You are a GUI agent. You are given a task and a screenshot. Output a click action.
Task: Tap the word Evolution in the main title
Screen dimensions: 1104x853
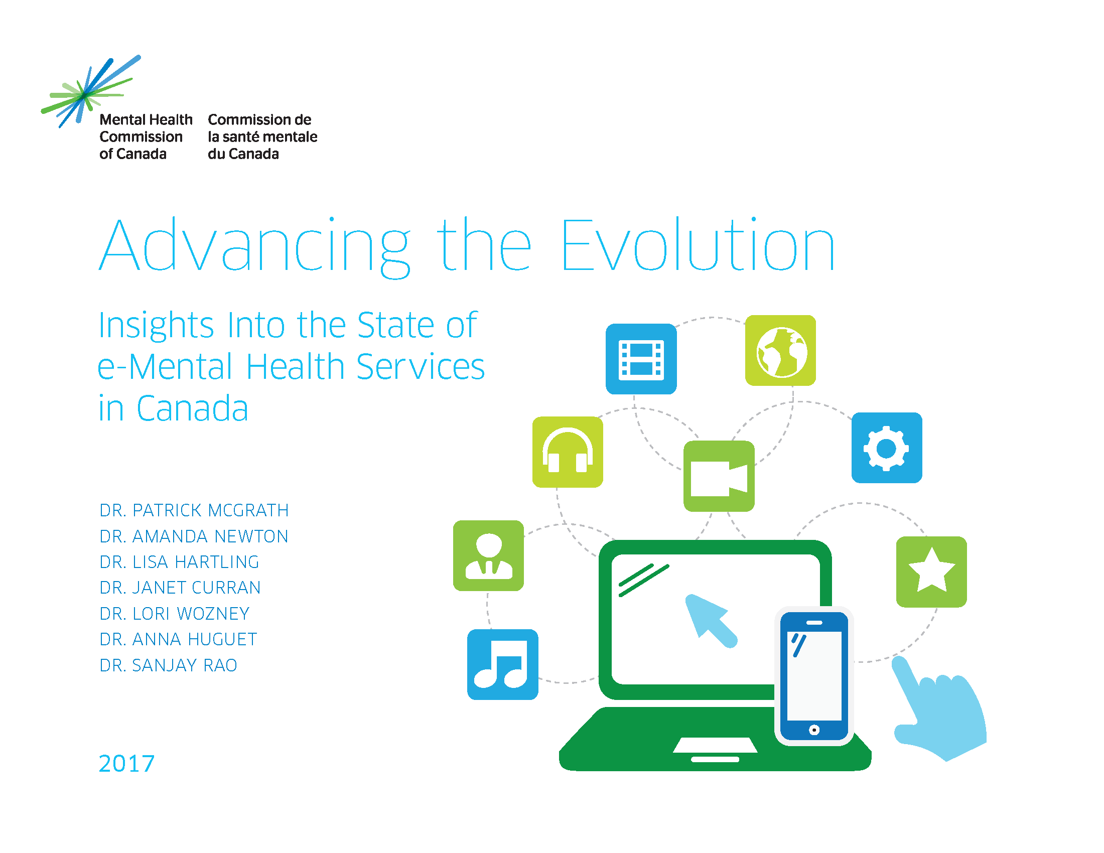pyautogui.click(x=698, y=245)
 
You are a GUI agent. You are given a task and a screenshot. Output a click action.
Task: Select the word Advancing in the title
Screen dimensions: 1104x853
pyautogui.click(x=254, y=247)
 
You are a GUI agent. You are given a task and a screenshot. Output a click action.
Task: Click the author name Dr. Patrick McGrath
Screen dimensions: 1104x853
pyautogui.click(x=194, y=510)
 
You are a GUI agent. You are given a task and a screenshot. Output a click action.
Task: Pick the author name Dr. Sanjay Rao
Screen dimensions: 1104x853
pyautogui.click(x=168, y=665)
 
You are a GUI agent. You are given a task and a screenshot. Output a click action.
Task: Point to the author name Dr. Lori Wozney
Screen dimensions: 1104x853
pyautogui.click(x=175, y=614)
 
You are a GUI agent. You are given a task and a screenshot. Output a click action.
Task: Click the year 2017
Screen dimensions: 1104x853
pyautogui.click(x=127, y=763)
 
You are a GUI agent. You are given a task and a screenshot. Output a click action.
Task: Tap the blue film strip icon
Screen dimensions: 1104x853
pyautogui.click(x=641, y=359)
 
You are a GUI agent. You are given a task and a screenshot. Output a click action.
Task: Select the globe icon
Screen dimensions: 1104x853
pyautogui.click(x=780, y=351)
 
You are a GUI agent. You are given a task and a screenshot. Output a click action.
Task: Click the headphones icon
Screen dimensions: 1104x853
pyautogui.click(x=568, y=452)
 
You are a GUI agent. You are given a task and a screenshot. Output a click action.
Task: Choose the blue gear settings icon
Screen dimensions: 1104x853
pyautogui.click(x=887, y=448)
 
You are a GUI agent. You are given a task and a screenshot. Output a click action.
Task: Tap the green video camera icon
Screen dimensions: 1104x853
pyautogui.click(x=719, y=476)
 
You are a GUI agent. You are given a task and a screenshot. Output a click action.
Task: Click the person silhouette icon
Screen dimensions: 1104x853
pyautogui.click(x=488, y=556)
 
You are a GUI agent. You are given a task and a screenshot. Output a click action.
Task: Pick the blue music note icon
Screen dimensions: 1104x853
pyautogui.click(x=502, y=664)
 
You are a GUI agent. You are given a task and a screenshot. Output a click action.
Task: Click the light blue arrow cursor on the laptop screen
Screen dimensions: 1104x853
pyautogui.click(x=710, y=621)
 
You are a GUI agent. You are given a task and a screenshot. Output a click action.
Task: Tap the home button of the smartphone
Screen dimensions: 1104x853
pyautogui.click(x=814, y=730)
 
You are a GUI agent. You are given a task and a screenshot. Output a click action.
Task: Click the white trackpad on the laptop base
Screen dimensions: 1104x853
pyautogui.click(x=715, y=745)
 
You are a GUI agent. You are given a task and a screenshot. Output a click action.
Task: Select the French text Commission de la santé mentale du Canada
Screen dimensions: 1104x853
pyautogui.click(x=262, y=136)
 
